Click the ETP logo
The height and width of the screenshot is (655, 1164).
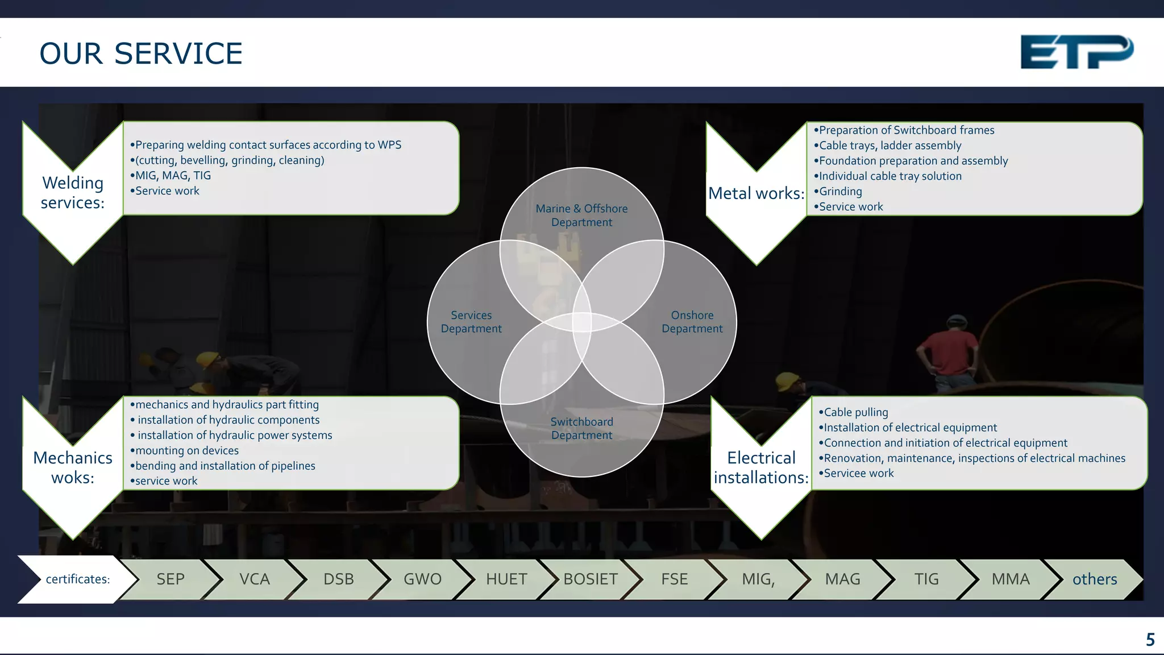click(1076, 52)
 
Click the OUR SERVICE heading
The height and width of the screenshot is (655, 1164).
click(141, 54)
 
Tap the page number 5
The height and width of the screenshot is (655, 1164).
click(1150, 640)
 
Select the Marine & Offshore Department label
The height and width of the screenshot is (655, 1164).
click(581, 215)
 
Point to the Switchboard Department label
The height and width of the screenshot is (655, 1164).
click(581, 428)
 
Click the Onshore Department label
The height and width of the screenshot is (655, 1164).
click(692, 322)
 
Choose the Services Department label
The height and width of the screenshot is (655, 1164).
click(471, 322)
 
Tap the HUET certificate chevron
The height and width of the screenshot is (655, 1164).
click(506, 579)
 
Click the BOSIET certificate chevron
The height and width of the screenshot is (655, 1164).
click(591, 579)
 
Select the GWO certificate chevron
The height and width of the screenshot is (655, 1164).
click(422, 579)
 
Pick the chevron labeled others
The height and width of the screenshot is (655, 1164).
click(1094, 579)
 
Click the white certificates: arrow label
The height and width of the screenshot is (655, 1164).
click(77, 579)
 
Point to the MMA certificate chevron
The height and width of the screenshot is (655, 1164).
click(1010, 579)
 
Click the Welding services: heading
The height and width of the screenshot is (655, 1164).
click(73, 192)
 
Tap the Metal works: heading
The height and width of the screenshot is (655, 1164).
click(756, 193)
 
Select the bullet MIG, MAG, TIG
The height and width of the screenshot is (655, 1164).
click(173, 176)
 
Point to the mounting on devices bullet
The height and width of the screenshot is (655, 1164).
click(186, 450)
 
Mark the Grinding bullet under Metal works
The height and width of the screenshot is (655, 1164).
click(840, 192)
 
